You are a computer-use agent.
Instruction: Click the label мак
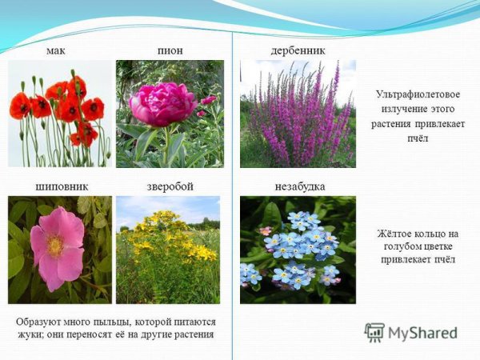click(x=55, y=51)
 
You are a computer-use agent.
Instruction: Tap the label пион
click(x=170, y=51)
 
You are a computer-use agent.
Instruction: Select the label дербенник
click(x=298, y=51)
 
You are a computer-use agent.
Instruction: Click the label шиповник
click(x=61, y=186)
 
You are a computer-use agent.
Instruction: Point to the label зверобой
click(x=170, y=186)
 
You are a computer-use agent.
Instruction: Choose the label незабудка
click(x=298, y=186)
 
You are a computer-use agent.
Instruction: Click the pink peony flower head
click(x=163, y=104)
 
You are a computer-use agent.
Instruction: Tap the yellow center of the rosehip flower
click(x=54, y=245)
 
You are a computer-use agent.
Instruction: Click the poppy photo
click(x=60, y=114)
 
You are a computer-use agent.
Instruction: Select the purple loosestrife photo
click(x=298, y=114)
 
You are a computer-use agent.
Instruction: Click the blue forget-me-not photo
click(x=298, y=249)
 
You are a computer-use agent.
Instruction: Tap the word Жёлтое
click(x=393, y=233)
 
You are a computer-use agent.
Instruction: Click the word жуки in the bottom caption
click(x=30, y=334)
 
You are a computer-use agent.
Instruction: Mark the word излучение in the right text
click(x=394, y=110)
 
